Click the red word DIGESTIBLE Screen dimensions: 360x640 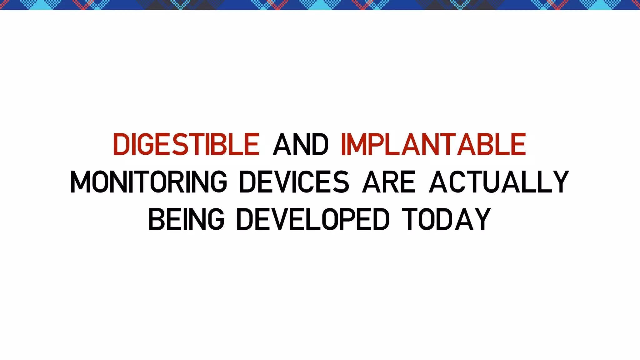(x=186, y=144)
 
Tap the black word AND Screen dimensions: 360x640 (x=300, y=144)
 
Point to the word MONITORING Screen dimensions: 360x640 (x=149, y=182)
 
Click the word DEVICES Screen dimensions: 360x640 (x=294, y=182)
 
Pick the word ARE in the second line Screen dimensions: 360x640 (x=389, y=182)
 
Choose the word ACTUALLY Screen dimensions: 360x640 (x=499, y=182)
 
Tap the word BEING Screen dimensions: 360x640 (x=186, y=219)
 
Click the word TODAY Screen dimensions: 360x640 (x=446, y=219)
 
